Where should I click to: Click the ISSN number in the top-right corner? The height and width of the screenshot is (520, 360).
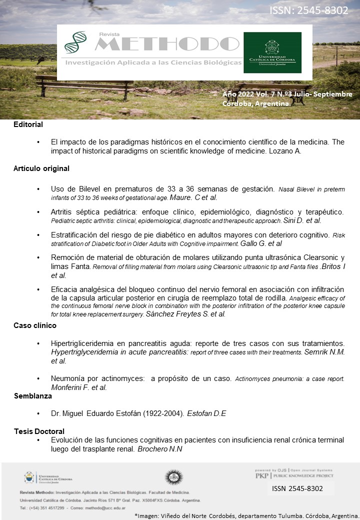(309, 10)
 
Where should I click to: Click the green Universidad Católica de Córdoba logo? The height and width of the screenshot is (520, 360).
(272, 52)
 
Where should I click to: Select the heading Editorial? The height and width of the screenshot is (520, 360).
(28, 124)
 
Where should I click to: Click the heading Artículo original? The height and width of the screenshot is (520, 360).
(41, 168)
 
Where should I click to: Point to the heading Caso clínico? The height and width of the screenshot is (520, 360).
(34, 325)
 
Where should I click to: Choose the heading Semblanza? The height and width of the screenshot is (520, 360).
(32, 396)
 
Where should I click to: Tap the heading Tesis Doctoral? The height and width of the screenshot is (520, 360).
(39, 431)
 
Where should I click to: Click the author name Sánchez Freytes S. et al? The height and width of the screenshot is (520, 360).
(185, 314)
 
